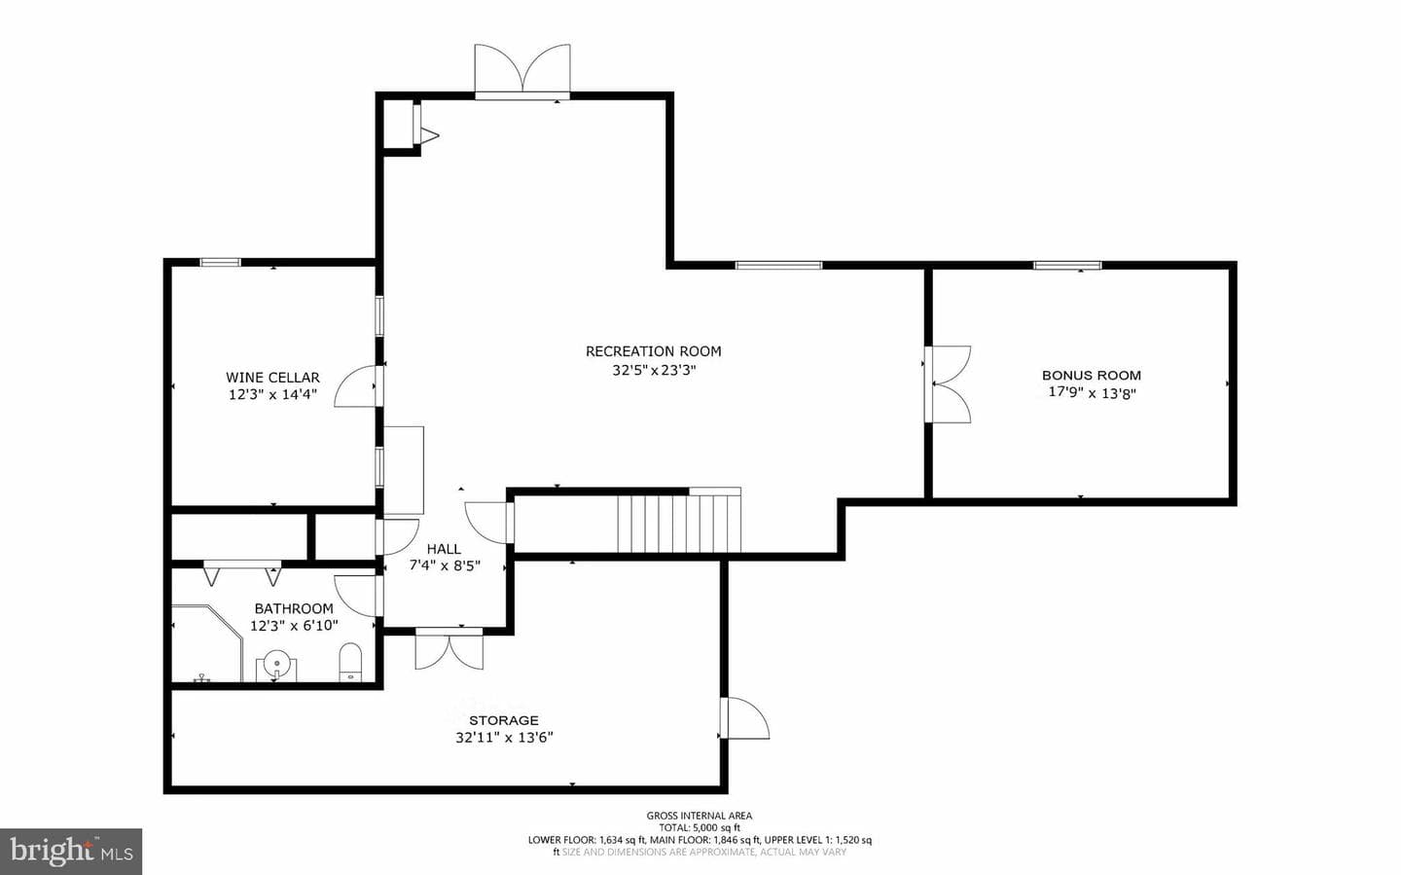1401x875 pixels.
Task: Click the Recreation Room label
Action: (654, 351)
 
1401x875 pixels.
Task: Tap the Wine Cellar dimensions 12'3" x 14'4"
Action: (272, 395)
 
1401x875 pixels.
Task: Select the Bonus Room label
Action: (1092, 376)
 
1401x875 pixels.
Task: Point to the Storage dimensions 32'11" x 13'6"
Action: (504, 738)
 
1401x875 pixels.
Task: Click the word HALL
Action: (444, 549)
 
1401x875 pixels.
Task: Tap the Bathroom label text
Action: (294, 608)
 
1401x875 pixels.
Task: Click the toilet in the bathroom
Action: (350, 662)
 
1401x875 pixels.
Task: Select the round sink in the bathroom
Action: (276, 662)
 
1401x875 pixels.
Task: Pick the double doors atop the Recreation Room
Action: (522, 70)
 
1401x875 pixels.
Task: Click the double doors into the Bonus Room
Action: (948, 383)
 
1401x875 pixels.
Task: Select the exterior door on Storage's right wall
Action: (744, 718)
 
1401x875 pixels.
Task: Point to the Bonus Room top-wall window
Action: (1067, 266)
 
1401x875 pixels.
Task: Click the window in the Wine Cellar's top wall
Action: (220, 262)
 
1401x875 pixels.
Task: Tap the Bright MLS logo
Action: (71, 852)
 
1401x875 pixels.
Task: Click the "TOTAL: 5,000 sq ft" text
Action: (700, 827)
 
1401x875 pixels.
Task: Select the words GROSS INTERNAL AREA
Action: (700, 816)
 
